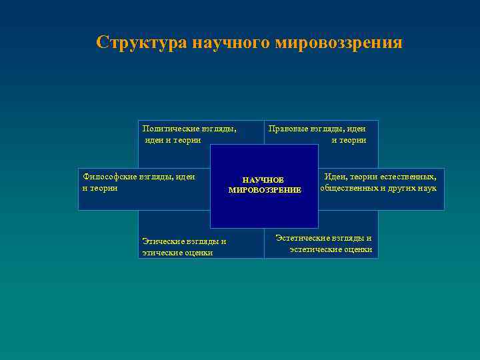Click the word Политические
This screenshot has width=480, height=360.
coord(169,129)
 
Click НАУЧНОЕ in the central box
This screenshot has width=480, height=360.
coord(263,180)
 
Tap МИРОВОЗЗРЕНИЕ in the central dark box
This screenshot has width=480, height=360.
coord(265,190)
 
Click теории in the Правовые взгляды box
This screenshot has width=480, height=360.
coord(353,140)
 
